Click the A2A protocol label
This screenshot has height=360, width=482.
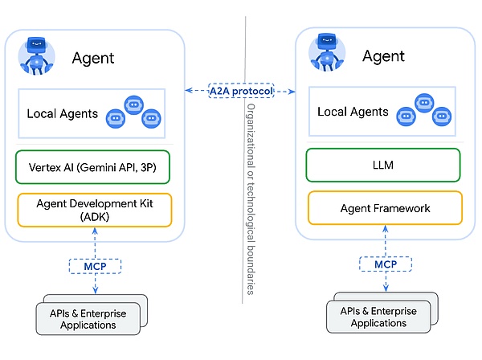[x=240, y=91]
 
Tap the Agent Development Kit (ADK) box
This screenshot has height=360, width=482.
[x=95, y=211]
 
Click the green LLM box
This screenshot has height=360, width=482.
[x=384, y=166]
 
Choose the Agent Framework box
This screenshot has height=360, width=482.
[x=384, y=208]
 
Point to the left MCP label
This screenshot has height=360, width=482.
[x=96, y=265]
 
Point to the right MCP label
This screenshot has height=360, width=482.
[x=384, y=264]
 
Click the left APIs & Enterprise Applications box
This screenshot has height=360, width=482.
[x=88, y=319]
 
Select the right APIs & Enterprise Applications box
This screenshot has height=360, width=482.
[x=378, y=317]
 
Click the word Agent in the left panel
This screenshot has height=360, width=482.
[x=93, y=58]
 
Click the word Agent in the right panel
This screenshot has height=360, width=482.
[x=383, y=56]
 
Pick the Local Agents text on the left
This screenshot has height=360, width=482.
[x=63, y=114]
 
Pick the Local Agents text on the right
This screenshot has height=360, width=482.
[x=353, y=112]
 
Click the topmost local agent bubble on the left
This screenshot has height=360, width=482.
[x=134, y=104]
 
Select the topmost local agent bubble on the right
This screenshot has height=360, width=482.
[x=425, y=102]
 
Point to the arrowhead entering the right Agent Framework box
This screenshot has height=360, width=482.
[x=384, y=231]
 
